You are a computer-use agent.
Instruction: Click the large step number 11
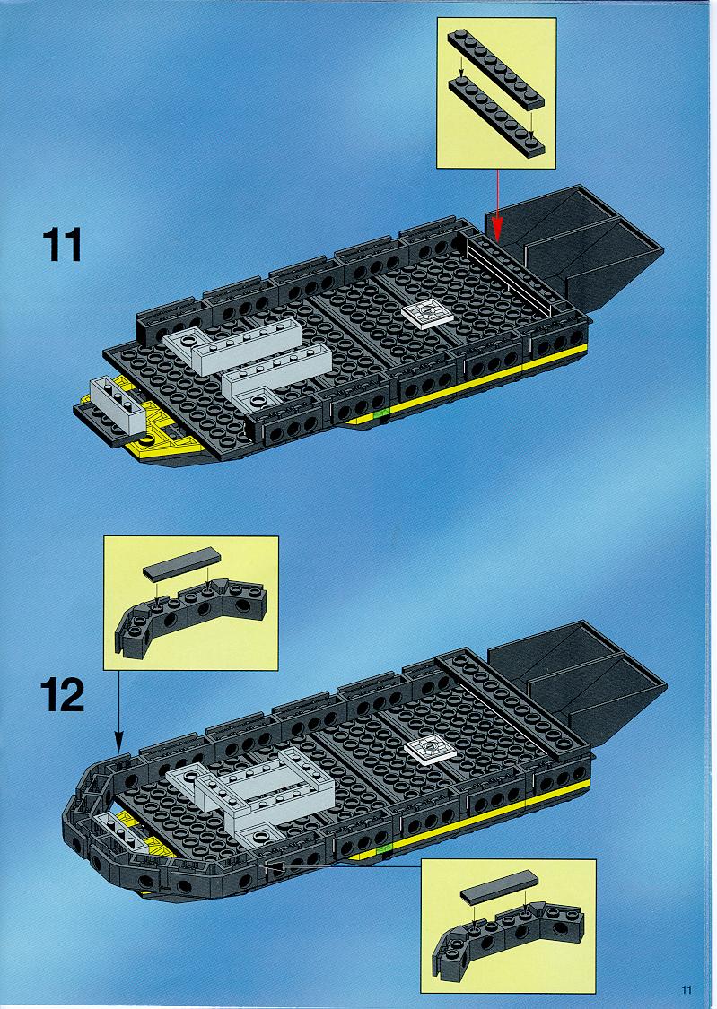(x=63, y=245)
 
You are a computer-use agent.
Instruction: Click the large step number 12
(x=63, y=696)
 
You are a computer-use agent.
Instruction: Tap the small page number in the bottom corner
(x=686, y=989)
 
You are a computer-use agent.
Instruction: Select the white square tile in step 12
(x=430, y=751)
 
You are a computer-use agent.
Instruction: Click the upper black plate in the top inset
(x=495, y=69)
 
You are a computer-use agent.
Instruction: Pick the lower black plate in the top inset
(x=496, y=117)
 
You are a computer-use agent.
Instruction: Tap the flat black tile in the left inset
(x=181, y=563)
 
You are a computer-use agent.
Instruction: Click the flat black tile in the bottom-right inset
(x=500, y=889)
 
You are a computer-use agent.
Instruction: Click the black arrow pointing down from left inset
(x=119, y=710)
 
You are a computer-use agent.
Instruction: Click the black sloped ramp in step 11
(x=573, y=248)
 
